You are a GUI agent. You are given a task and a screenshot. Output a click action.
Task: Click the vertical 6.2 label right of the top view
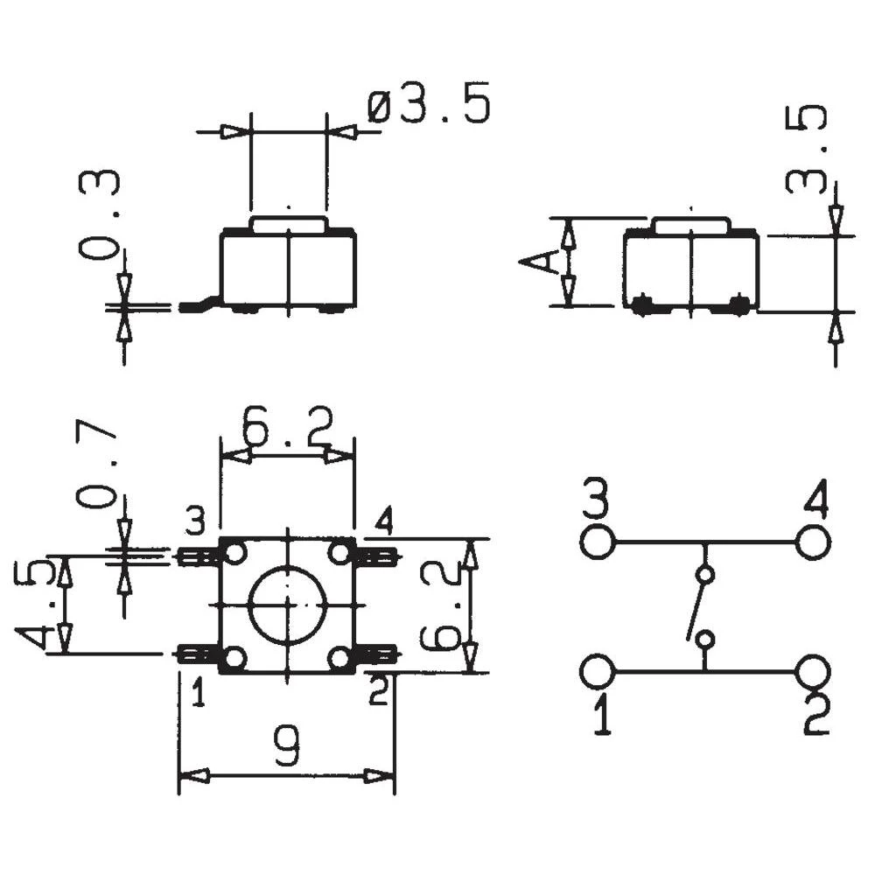[x=440, y=605]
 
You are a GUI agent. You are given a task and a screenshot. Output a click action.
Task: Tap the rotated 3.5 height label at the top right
[x=807, y=149]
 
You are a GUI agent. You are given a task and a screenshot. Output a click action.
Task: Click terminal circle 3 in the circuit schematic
[x=598, y=542]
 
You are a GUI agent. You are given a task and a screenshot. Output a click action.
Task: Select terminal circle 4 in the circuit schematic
[x=813, y=542]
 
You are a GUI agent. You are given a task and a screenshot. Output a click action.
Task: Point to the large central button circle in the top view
[x=287, y=605]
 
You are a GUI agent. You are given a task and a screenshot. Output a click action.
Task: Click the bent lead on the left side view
[x=199, y=305]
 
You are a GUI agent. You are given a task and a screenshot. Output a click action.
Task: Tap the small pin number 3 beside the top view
[x=194, y=523]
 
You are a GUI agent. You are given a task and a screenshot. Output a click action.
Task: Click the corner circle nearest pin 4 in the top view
[x=340, y=553]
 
